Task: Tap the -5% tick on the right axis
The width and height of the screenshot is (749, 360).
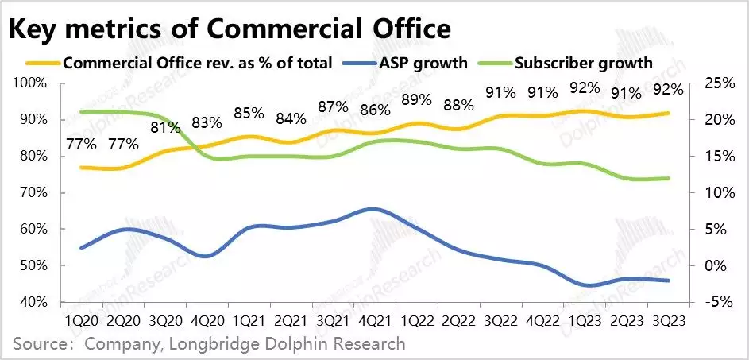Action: pyautogui.click(x=708, y=302)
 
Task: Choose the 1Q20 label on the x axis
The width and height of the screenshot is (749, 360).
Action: pyautogui.click(x=81, y=321)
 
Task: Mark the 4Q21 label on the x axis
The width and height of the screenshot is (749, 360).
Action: pyautogui.click(x=373, y=321)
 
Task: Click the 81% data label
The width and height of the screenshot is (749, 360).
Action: pyautogui.click(x=164, y=127)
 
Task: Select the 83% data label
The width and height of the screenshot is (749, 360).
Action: pyautogui.click(x=207, y=123)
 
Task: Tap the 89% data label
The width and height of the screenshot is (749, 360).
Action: pyautogui.click(x=416, y=100)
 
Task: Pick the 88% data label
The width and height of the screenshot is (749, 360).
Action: pyautogui.click(x=458, y=105)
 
